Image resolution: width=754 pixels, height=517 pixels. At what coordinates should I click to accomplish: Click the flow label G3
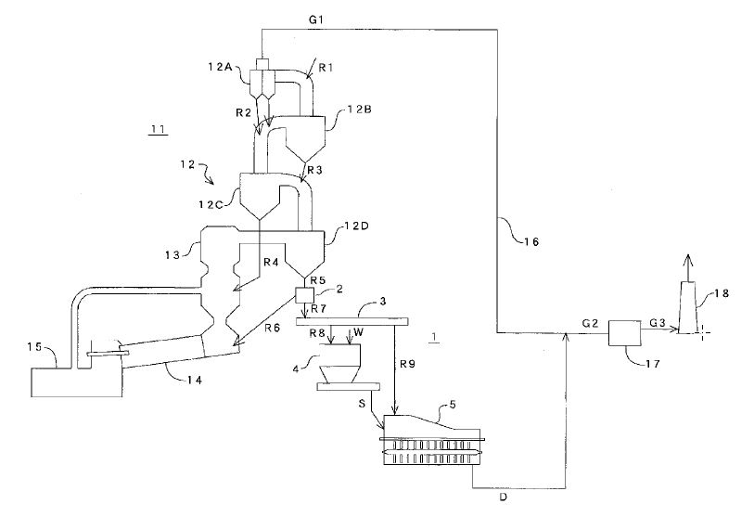pos(657,322)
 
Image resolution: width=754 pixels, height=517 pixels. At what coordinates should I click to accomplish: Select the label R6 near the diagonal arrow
pos(271,328)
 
